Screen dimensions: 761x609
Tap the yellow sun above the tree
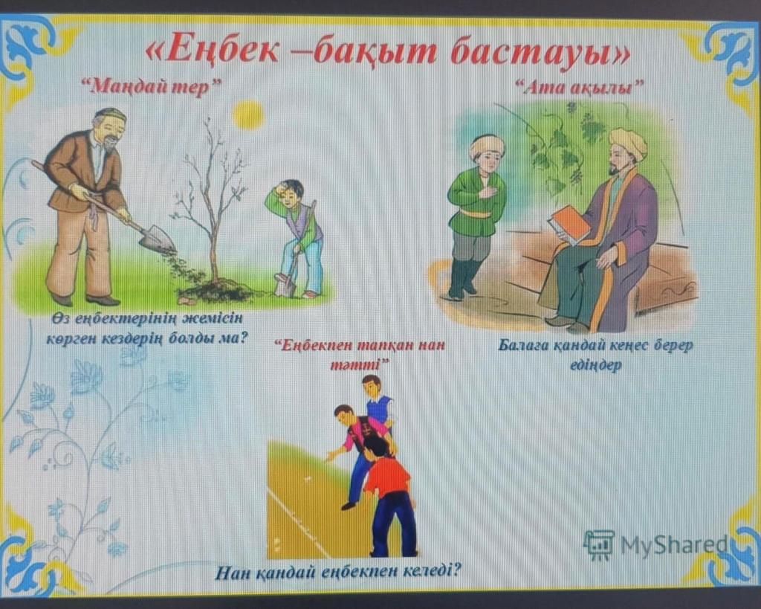[x=248, y=115]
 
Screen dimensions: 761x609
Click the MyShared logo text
[x=675, y=544]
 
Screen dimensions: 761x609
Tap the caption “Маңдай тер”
[x=151, y=88]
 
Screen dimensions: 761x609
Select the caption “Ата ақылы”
[x=579, y=88]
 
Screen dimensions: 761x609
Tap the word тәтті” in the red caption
[x=360, y=365]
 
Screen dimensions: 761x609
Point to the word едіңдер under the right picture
[x=595, y=365]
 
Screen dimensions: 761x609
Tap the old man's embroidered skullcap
[x=111, y=114]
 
